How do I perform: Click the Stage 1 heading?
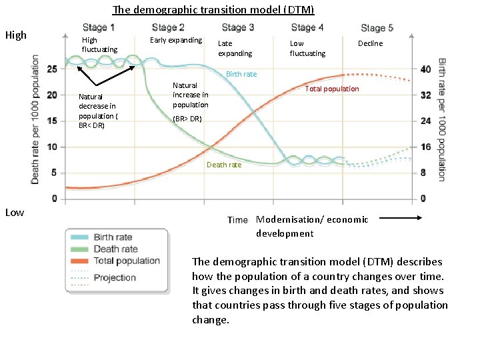[x=99, y=27]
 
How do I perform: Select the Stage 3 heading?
[x=238, y=27]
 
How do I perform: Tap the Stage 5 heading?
[x=377, y=28]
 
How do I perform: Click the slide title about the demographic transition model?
[x=213, y=10]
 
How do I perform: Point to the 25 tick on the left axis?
[x=51, y=69]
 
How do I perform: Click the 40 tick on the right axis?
[x=426, y=69]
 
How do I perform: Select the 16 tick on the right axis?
[x=426, y=147]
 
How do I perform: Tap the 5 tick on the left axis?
[x=54, y=173]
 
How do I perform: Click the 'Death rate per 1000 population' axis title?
[x=35, y=120]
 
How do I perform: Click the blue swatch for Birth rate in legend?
[x=79, y=237]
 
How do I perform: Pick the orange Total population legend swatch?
[x=79, y=261]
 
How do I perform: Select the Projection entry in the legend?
[x=115, y=278]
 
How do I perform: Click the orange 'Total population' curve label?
[x=331, y=89]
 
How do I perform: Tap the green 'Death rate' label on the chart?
[x=224, y=165]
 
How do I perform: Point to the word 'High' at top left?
[x=15, y=35]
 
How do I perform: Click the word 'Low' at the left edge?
[x=14, y=212]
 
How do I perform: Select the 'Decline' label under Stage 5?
[x=370, y=43]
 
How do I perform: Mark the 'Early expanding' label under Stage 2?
[x=175, y=40]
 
